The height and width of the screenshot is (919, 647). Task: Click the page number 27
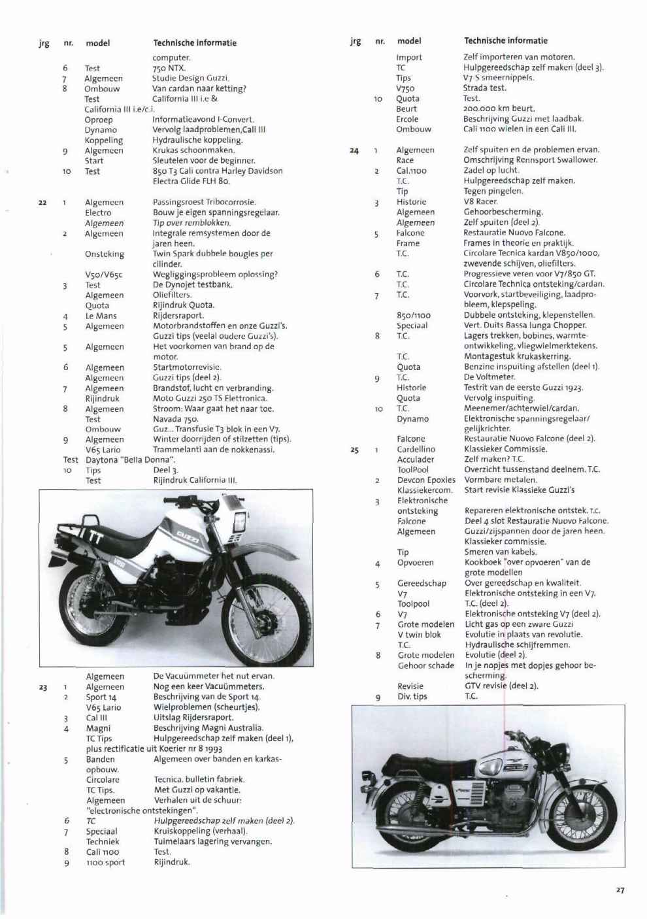coord(620,890)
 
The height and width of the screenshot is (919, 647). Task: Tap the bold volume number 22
coord(42,203)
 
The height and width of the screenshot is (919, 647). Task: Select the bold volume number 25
coord(354,450)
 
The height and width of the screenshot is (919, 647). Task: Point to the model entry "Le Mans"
coord(101,316)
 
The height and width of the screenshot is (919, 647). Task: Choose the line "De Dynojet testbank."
coord(192,285)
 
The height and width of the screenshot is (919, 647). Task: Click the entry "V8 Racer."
coord(480,202)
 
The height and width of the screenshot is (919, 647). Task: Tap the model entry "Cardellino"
coord(416,450)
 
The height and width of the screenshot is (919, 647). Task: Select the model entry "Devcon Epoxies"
coord(426,480)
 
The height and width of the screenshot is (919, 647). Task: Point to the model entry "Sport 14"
coord(101,697)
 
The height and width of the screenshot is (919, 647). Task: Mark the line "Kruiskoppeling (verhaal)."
coord(201,831)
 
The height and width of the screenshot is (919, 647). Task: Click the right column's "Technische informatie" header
coord(505,41)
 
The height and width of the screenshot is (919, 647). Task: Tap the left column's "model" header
coord(97,43)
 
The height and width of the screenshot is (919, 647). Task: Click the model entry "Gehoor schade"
coord(425,665)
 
